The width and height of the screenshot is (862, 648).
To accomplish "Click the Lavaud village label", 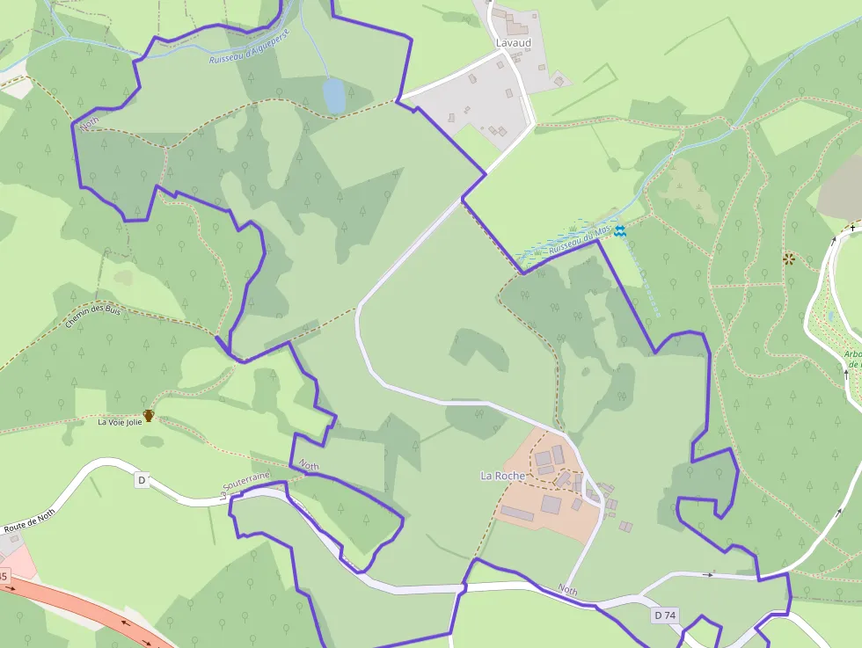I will pyautogui.click(x=513, y=42).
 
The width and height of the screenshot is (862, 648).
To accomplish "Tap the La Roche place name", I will pyautogui.click(x=502, y=476).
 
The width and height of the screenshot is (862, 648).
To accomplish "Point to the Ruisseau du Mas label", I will pyautogui.click(x=580, y=239).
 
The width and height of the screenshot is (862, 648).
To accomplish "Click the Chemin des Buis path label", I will pyautogui.click(x=92, y=317).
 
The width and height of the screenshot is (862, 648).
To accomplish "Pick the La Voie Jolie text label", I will pyautogui.click(x=120, y=422).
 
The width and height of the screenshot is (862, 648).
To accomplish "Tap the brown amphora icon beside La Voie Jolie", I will pyautogui.click(x=149, y=415).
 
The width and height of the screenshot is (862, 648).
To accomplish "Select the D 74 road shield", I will pyautogui.click(x=665, y=616).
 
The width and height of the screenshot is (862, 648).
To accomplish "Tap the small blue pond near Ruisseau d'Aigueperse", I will pyautogui.click(x=334, y=95).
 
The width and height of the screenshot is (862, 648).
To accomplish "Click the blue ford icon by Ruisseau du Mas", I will pyautogui.click(x=620, y=230).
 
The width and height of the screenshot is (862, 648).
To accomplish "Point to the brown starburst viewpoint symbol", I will pyautogui.click(x=789, y=258).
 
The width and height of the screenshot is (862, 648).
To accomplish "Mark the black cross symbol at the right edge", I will pyautogui.click(x=852, y=229).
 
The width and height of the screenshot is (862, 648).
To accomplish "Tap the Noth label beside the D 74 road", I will pyautogui.click(x=568, y=590).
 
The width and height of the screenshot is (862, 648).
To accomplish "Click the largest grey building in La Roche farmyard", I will pyautogui.click(x=551, y=505).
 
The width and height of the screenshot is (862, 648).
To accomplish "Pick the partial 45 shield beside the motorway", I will pyautogui.click(x=4, y=577).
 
